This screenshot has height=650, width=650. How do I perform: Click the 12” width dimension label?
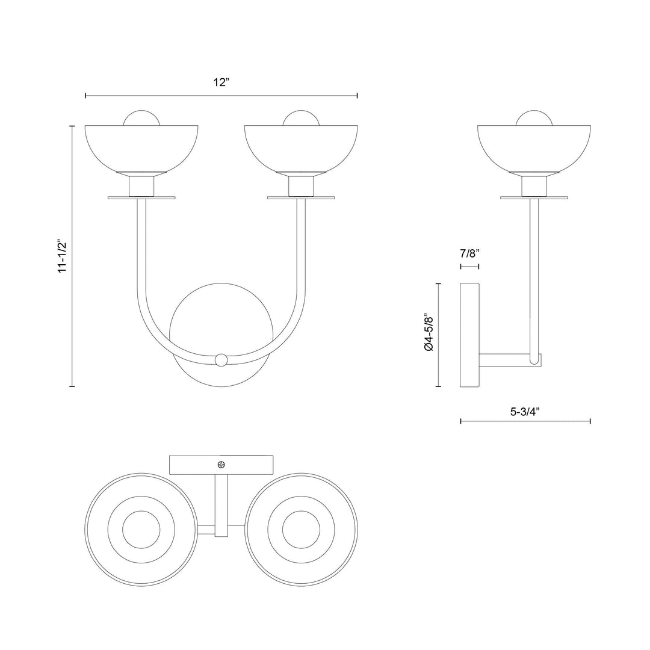(x=221, y=82)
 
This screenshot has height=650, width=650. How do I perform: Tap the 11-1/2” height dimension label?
(x=62, y=256)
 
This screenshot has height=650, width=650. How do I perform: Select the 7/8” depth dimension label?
(x=469, y=253)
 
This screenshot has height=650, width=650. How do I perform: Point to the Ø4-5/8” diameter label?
(x=429, y=333)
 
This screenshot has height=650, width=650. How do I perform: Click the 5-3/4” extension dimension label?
(x=525, y=412)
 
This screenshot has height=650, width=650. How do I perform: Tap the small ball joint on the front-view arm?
(x=221, y=360)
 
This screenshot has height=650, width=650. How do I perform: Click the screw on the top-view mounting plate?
(x=222, y=465)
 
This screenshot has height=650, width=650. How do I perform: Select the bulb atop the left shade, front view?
(x=141, y=118)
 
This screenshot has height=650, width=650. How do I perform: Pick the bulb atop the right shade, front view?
(x=301, y=118)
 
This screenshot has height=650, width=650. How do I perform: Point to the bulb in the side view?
(x=534, y=118)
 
